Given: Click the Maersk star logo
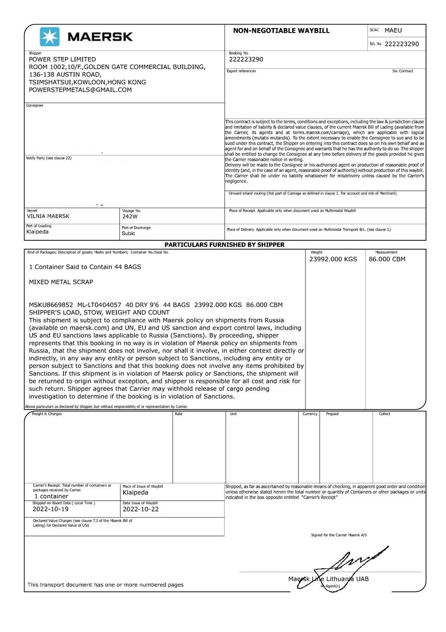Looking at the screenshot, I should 49,37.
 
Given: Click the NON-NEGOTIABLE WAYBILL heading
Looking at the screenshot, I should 281,31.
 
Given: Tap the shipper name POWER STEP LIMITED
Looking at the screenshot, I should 62,59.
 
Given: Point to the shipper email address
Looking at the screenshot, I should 80,90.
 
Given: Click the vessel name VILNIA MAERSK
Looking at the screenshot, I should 48,216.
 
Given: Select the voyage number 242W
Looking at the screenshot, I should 130,217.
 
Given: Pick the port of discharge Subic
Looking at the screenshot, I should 128,233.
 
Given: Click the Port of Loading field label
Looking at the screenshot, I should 38,226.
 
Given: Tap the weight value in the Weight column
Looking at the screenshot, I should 333,259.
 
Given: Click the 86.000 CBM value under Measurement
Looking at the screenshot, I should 387,259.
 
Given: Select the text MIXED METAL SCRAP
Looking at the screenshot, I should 61,282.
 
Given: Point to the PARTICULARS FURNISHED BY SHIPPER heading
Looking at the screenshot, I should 224,245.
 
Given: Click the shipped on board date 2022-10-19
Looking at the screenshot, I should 50,509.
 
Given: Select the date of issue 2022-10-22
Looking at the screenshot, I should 140,509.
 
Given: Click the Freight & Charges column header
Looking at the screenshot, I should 47,414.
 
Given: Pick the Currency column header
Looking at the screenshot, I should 310,414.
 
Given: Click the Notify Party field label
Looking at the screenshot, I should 49,158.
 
